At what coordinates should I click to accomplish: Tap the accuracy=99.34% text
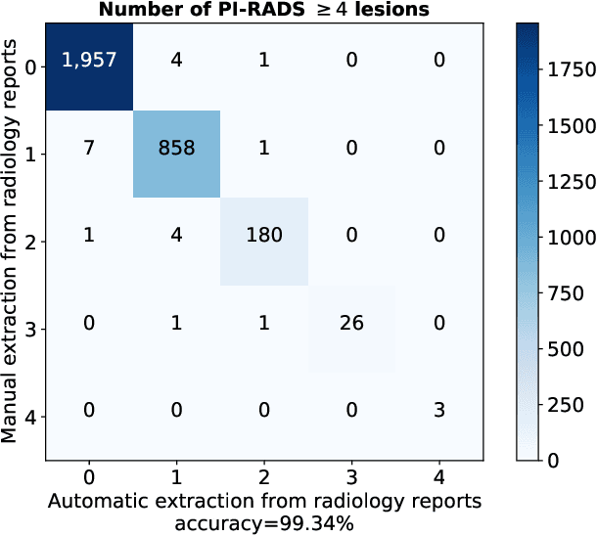(x=264, y=523)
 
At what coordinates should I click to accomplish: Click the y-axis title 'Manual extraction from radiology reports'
(x=12, y=241)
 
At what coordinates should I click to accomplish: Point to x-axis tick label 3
(x=352, y=478)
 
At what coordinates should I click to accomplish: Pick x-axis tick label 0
(x=88, y=478)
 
